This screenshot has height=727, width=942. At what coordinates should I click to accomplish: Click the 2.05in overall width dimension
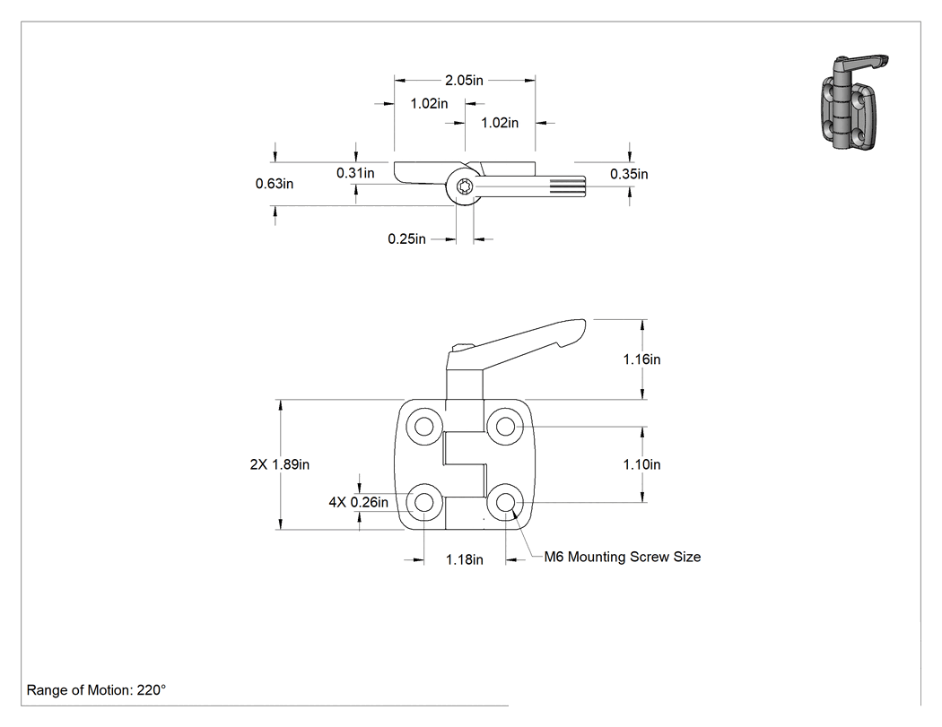click(464, 80)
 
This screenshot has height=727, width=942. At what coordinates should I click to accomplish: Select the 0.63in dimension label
click(275, 184)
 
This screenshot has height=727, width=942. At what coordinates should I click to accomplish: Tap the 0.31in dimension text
click(355, 173)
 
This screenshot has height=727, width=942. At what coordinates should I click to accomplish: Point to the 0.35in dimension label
click(629, 174)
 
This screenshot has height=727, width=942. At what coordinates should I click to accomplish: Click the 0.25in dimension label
click(406, 239)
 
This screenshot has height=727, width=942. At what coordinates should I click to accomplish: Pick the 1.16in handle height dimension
click(641, 359)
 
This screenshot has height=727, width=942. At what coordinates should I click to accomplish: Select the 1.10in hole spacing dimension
click(641, 464)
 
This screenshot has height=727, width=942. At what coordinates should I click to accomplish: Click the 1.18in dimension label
click(465, 560)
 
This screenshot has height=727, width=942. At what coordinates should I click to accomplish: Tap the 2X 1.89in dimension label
click(280, 464)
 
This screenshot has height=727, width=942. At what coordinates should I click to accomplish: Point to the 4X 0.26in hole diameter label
click(359, 503)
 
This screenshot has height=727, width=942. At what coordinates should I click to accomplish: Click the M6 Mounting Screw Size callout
click(623, 557)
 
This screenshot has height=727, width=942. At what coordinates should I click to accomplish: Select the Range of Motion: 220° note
click(96, 690)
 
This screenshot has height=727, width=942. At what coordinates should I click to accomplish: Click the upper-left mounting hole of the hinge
click(424, 427)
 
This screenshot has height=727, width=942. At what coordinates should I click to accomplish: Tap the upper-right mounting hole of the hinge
click(505, 427)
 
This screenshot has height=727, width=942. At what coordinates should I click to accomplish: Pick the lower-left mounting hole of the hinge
click(424, 502)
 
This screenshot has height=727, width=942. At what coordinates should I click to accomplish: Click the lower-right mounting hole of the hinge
click(505, 502)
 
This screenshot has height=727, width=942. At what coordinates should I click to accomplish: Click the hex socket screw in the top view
click(465, 186)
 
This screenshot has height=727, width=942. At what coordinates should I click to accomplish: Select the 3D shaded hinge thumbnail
click(853, 102)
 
